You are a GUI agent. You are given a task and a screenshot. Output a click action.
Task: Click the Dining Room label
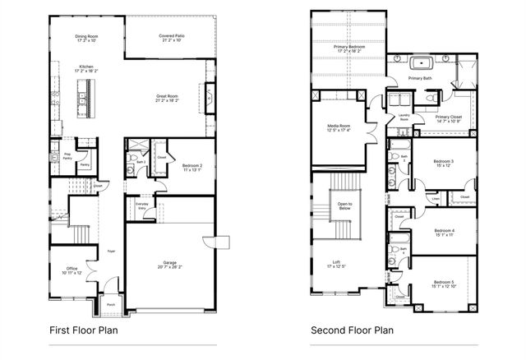point(85,37)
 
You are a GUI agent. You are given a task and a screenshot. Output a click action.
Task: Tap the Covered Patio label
point(171,37)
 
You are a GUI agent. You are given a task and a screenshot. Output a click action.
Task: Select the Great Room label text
point(168,98)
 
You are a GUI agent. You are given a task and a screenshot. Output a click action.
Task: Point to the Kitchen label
point(85,68)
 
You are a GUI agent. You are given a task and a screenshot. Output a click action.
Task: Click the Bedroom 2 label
point(191,167)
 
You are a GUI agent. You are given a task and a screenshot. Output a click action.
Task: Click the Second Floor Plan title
point(352,330)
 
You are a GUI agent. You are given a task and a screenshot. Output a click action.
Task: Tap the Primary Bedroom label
point(350,48)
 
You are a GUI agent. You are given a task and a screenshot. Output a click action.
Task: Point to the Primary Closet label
point(449,118)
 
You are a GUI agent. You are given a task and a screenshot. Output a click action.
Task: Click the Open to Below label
point(344,205)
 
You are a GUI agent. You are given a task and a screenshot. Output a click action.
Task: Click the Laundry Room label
point(404,118)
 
